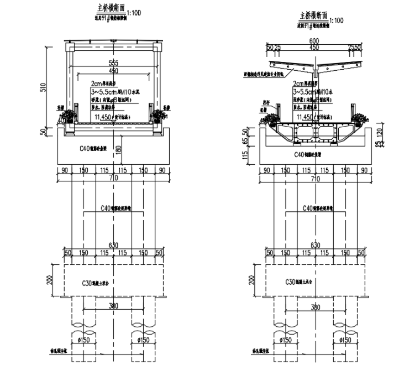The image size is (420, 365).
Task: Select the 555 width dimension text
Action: pos(113,63)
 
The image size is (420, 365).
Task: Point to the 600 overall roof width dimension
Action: pos(314,41)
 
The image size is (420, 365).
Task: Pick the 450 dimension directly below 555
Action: pos(113,71)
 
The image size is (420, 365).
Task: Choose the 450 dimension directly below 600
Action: pos(314,48)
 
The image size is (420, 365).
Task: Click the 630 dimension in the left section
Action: pos(113,244)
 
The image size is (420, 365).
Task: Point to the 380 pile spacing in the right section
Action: pos(314,307)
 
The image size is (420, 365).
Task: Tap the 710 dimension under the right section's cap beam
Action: pos(314,178)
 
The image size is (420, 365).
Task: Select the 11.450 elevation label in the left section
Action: pos(104,117)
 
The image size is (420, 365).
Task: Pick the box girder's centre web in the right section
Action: pos(314,134)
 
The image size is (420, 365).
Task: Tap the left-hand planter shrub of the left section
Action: pos(68,115)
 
